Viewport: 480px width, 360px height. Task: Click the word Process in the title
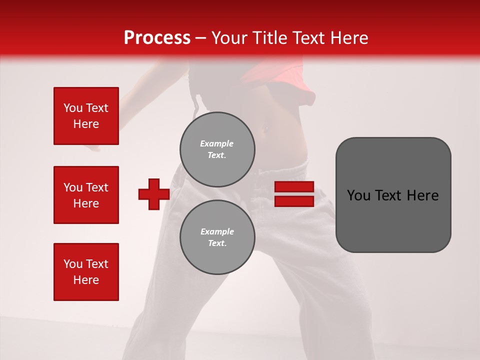pos(157,38)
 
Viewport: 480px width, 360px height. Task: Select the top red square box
pos(86,116)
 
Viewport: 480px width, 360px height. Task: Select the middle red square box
pos(86,195)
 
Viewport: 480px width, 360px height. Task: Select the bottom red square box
pos(86,272)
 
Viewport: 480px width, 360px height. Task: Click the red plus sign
pos(154,194)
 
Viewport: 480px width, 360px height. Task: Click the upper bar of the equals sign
pos(294,186)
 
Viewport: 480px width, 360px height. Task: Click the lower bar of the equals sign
pos(294,201)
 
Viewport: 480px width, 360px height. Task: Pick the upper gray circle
pos(217,149)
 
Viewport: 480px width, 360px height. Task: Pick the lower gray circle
pos(217,237)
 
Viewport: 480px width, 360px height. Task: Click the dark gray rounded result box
pos(393,195)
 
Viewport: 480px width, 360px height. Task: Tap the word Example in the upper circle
pos(217,143)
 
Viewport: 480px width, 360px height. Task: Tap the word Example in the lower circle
pos(217,231)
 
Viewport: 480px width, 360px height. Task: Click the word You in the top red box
pos(73,108)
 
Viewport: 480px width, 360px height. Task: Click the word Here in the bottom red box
pos(86,280)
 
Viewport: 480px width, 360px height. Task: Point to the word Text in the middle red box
pos(97,187)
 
